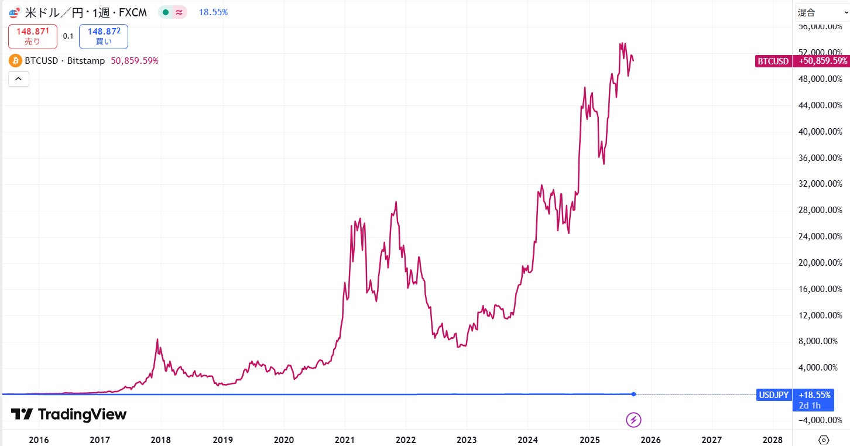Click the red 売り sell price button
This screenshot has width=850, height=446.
pyautogui.click(x=33, y=36)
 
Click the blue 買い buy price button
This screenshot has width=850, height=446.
pyautogui.click(x=104, y=36)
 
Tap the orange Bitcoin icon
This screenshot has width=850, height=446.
pyautogui.click(x=15, y=61)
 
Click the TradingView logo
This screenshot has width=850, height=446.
pyautogui.click(x=68, y=414)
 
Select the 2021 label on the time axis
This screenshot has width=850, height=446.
pyautogui.click(x=344, y=440)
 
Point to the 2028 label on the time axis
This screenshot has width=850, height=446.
pyautogui.click(x=773, y=440)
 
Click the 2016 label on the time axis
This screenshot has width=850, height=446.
pyautogui.click(x=39, y=440)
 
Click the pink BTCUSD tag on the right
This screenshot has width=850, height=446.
pyautogui.click(x=773, y=61)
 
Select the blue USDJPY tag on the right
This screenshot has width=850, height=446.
pyautogui.click(x=774, y=395)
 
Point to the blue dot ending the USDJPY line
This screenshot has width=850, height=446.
pyautogui.click(x=634, y=394)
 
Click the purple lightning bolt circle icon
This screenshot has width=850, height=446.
pyautogui.click(x=633, y=419)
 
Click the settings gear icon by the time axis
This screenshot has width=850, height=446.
pyautogui.click(x=824, y=440)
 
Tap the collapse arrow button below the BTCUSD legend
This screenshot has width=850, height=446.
pyautogui.click(x=18, y=78)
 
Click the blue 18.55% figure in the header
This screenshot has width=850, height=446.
pyautogui.click(x=213, y=12)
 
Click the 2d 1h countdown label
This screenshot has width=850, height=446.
pyautogui.click(x=810, y=405)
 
